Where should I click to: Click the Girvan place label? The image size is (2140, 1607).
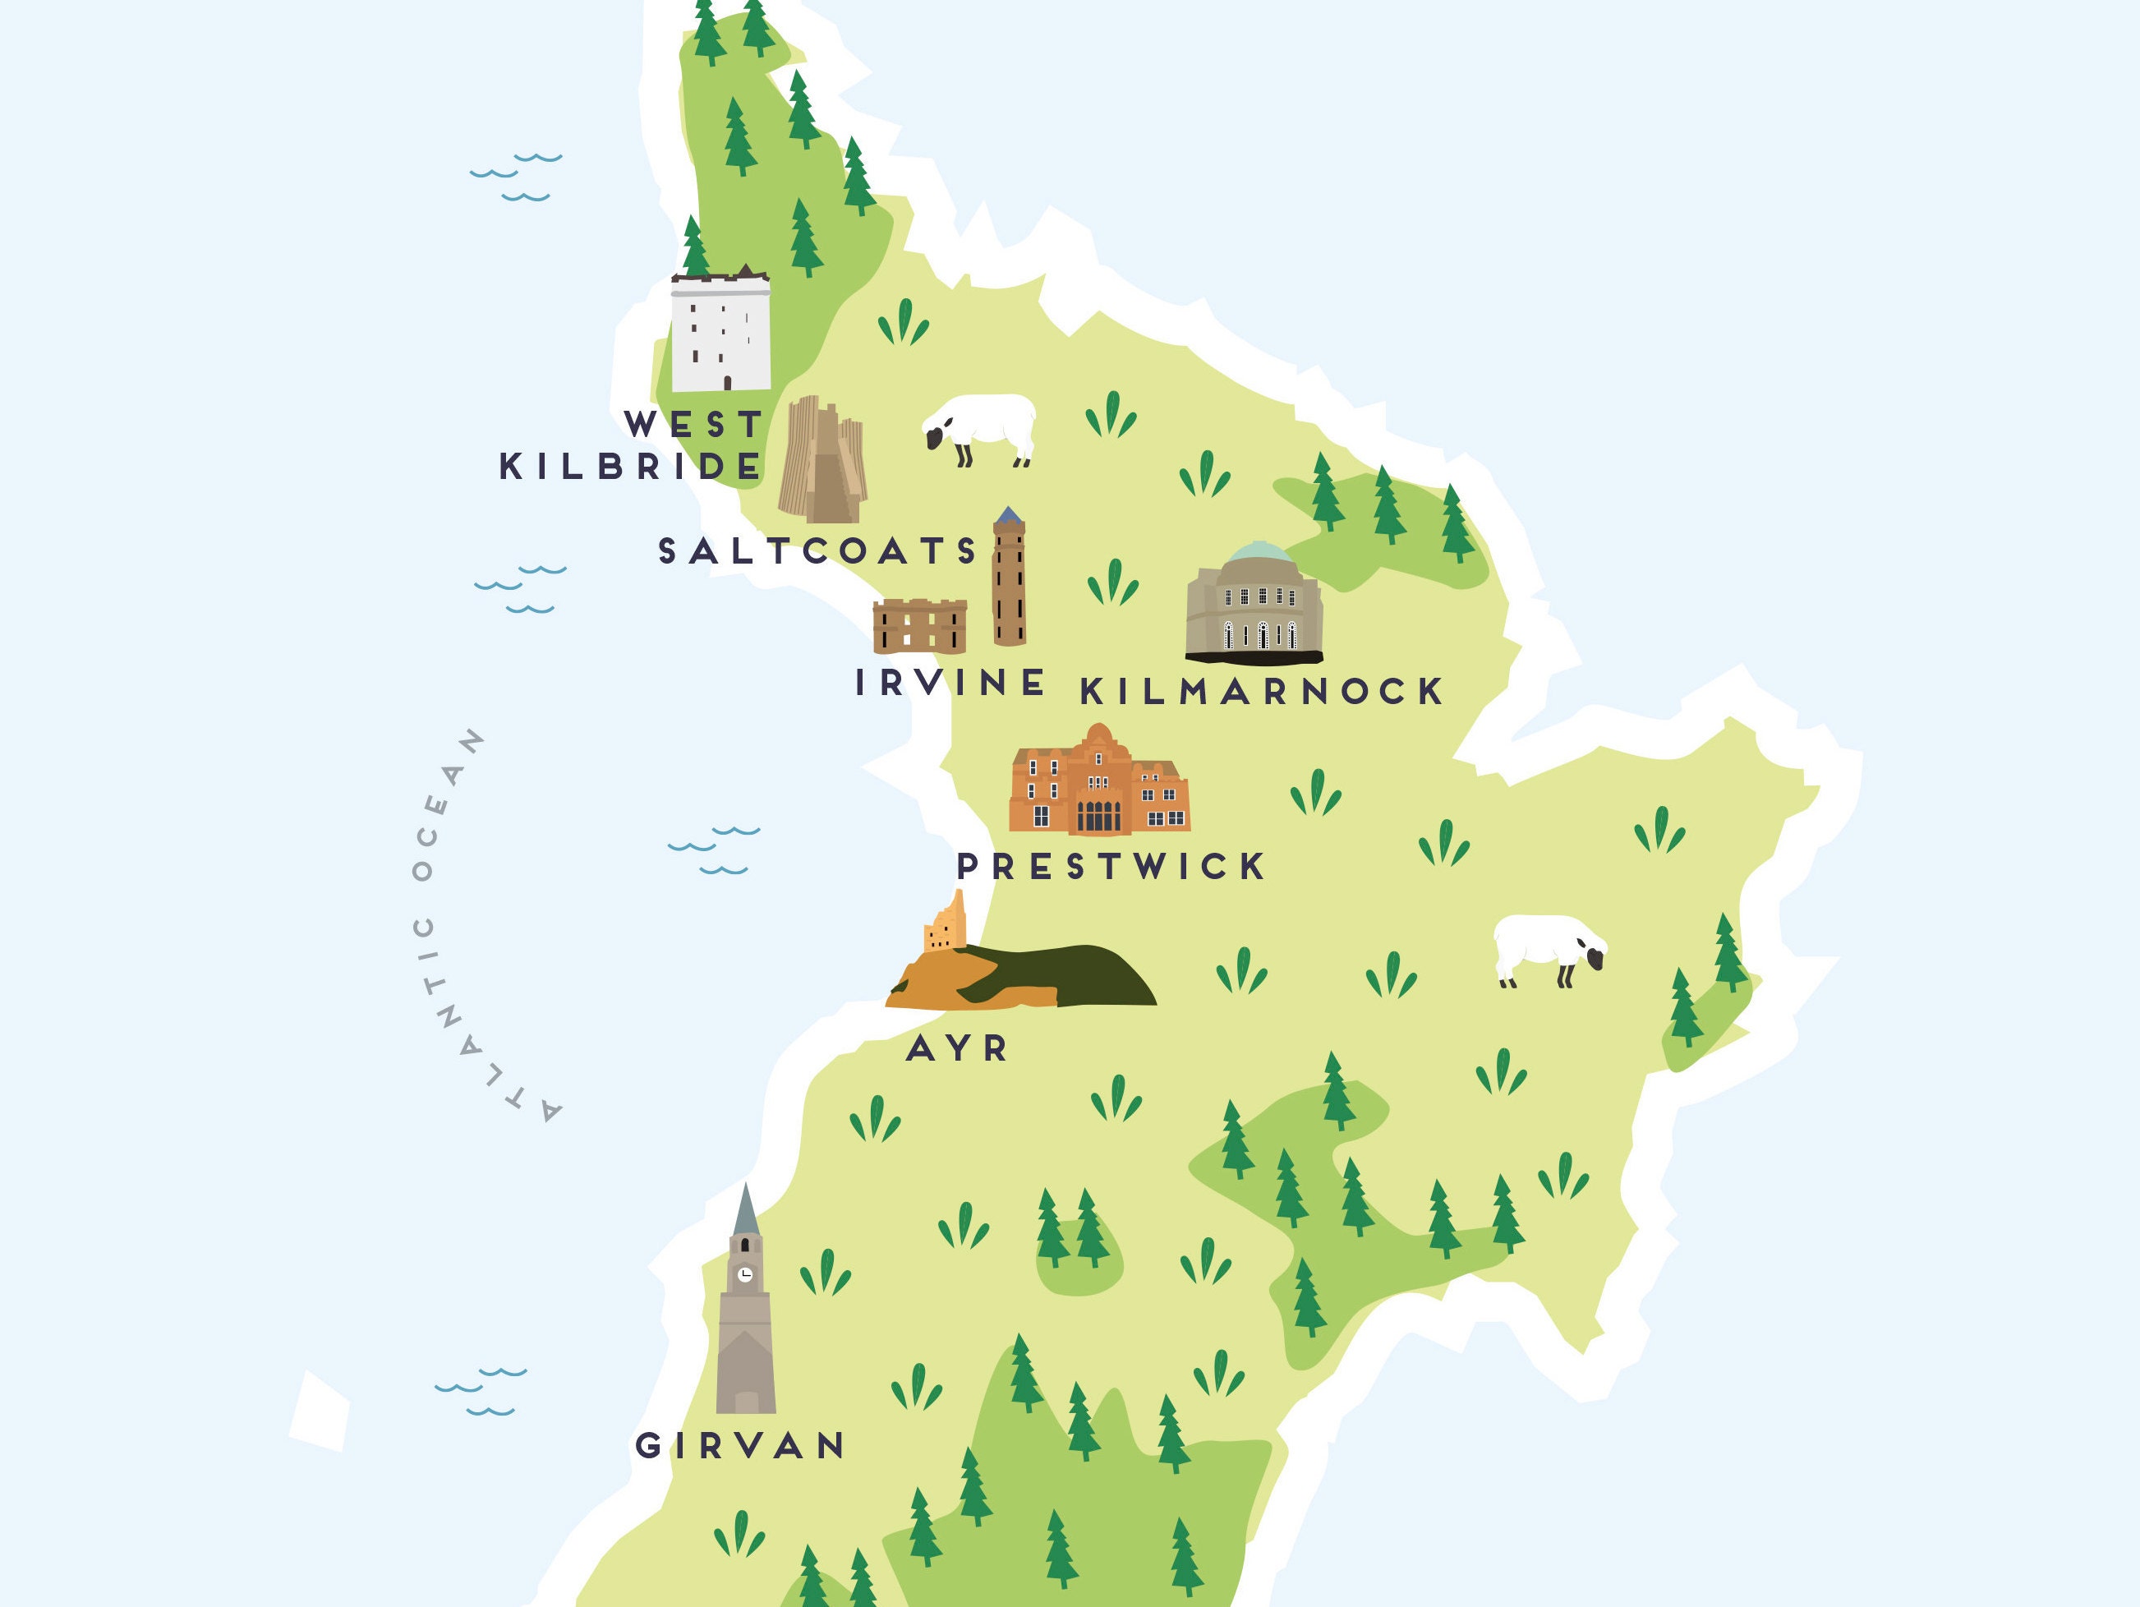tap(740, 1445)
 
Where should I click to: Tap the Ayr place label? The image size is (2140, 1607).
tap(957, 1048)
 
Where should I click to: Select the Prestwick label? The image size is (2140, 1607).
tap(1111, 866)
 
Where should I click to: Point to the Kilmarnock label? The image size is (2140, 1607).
tap(1262, 691)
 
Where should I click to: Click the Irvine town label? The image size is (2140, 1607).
tap(950, 682)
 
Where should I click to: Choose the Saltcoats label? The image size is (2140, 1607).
tap(818, 550)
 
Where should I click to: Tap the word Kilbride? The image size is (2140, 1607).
tap(631, 467)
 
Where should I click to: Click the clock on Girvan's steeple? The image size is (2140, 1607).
tap(745, 1274)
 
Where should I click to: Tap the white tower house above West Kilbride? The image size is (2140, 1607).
tap(720, 331)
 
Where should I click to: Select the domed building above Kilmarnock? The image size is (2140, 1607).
tap(1254, 605)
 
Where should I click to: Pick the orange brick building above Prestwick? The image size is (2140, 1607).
tap(1099, 782)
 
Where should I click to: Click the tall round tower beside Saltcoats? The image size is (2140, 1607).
tap(1008, 581)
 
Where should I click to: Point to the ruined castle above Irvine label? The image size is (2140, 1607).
tap(919, 625)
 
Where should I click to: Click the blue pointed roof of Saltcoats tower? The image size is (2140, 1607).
tap(1008, 514)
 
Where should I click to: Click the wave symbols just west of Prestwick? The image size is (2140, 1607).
tap(714, 850)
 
